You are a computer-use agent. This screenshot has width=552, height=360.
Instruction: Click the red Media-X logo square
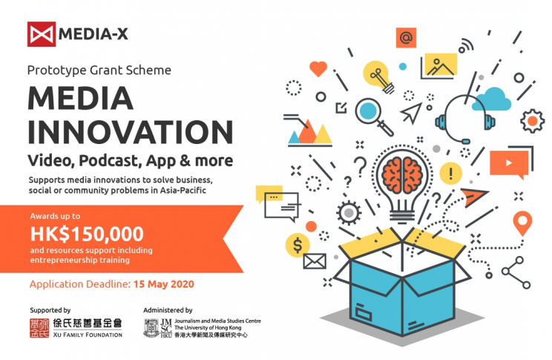[42, 34]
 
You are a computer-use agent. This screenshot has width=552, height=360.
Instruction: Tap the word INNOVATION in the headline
[131, 132]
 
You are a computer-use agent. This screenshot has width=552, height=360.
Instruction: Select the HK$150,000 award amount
[87, 234]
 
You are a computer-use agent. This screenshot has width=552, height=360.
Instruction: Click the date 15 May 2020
[164, 284]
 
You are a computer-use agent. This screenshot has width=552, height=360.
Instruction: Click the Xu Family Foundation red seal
[39, 328]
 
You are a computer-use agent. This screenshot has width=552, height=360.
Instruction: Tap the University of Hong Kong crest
[151, 328]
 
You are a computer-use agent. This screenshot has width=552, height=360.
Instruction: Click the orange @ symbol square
[406, 38]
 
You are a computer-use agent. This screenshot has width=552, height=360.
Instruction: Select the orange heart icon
[318, 69]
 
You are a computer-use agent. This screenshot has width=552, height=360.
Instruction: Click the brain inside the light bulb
[402, 174]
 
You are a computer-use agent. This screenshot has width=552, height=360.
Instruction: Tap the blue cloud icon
[491, 99]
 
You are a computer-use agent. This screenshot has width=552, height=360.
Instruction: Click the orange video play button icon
[509, 163]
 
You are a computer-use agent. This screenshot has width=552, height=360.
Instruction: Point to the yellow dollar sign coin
[298, 245]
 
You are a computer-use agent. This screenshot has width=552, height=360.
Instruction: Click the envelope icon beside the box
[315, 261]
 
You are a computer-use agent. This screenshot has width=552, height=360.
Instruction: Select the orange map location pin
[522, 223]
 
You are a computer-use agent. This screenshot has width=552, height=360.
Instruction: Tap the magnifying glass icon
[372, 116]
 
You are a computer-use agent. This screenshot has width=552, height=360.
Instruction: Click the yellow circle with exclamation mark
[450, 173]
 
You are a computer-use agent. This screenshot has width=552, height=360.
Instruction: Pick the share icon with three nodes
[516, 272]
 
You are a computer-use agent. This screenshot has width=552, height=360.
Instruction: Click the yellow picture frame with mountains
[441, 65]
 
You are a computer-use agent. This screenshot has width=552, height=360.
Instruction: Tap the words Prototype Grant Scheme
[99, 71]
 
